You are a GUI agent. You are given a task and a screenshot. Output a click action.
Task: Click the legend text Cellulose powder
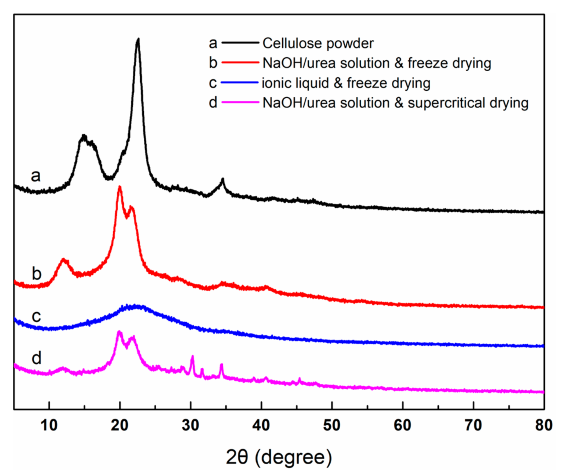coord(318,43)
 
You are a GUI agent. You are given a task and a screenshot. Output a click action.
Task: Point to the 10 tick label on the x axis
coord(49,425)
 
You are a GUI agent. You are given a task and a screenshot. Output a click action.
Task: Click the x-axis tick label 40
coord(261,425)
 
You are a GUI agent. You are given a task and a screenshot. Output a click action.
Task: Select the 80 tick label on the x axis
coord(544,425)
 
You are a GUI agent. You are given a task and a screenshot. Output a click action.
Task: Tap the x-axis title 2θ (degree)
coord(279,457)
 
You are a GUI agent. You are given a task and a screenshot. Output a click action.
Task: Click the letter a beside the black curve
coord(36,176)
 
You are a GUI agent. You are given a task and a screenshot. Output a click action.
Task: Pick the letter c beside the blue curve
coord(36,316)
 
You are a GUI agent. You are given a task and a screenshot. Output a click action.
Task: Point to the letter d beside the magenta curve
coord(36,358)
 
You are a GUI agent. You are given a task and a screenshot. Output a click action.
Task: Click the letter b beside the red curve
coord(36,274)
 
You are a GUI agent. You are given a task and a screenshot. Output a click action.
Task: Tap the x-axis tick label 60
coord(402,425)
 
